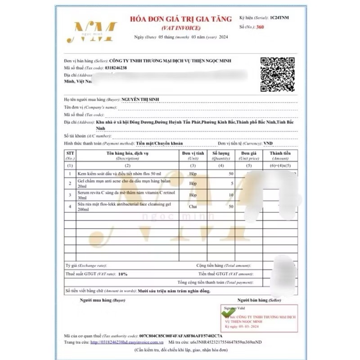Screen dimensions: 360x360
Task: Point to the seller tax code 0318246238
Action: coord(116,67)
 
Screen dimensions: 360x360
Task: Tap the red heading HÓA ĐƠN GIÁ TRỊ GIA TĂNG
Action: coord(181,19)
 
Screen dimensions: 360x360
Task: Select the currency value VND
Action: coord(268,144)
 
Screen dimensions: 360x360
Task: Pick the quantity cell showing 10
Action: coord(231,195)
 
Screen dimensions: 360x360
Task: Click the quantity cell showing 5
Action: coord(232,184)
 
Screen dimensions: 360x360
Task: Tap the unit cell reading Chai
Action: coord(193,206)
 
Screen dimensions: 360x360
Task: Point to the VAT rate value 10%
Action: coord(123,274)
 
